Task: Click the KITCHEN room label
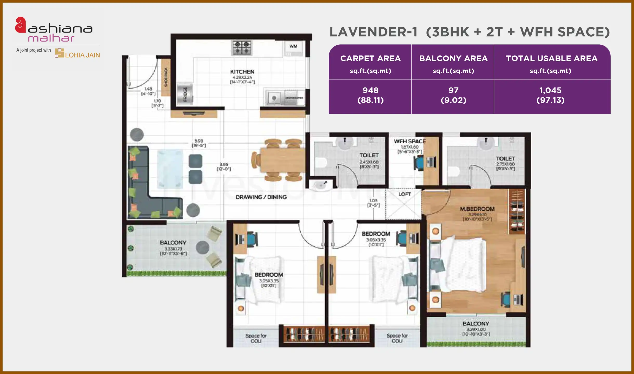pyautogui.click(x=242, y=72)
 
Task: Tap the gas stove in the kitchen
pyautogui.click(x=242, y=48)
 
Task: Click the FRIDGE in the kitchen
pyautogui.click(x=185, y=94)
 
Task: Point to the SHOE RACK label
pyautogui.click(x=166, y=77)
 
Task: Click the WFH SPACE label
pyautogui.click(x=410, y=141)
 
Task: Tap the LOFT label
pyautogui.click(x=405, y=194)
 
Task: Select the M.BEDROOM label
pyautogui.click(x=477, y=209)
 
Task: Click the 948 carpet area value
pyautogui.click(x=370, y=90)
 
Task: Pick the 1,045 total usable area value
pyautogui.click(x=550, y=90)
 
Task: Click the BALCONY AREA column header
pyautogui.click(x=453, y=58)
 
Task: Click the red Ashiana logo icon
pyautogui.click(x=21, y=25)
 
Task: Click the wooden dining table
pyautogui.click(x=282, y=160)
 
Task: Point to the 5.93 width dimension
pyautogui.click(x=199, y=141)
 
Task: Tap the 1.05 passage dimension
pyautogui.click(x=373, y=201)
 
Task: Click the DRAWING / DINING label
pyautogui.click(x=261, y=197)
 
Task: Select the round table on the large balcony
pyautogui.click(x=202, y=248)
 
